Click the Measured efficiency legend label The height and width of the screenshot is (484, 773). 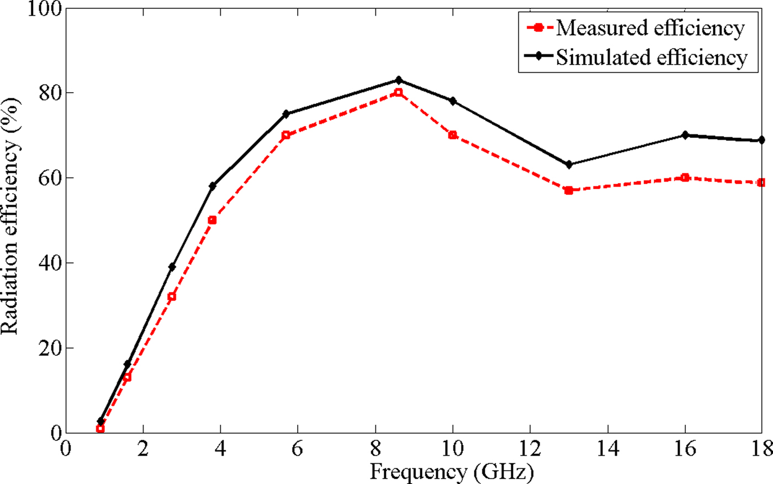[650, 28]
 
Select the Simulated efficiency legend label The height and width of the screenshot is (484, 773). [652, 57]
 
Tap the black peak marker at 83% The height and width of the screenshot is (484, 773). [399, 80]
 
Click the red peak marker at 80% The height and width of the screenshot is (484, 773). [399, 93]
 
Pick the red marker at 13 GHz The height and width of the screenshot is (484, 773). [569, 190]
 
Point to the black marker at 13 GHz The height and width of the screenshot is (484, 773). [569, 164]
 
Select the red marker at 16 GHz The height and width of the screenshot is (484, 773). [685, 178]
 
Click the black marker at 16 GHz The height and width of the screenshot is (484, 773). [685, 135]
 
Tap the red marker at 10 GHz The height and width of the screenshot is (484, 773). [453, 135]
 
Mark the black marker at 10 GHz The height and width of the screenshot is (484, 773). [453, 101]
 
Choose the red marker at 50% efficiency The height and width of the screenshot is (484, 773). [213, 220]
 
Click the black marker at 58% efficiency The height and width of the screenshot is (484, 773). [213, 186]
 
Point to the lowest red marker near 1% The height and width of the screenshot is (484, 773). [100, 429]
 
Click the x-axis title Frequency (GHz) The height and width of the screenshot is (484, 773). [452, 472]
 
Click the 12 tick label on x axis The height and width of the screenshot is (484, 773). [530, 448]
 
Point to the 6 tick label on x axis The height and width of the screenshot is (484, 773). [298, 448]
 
